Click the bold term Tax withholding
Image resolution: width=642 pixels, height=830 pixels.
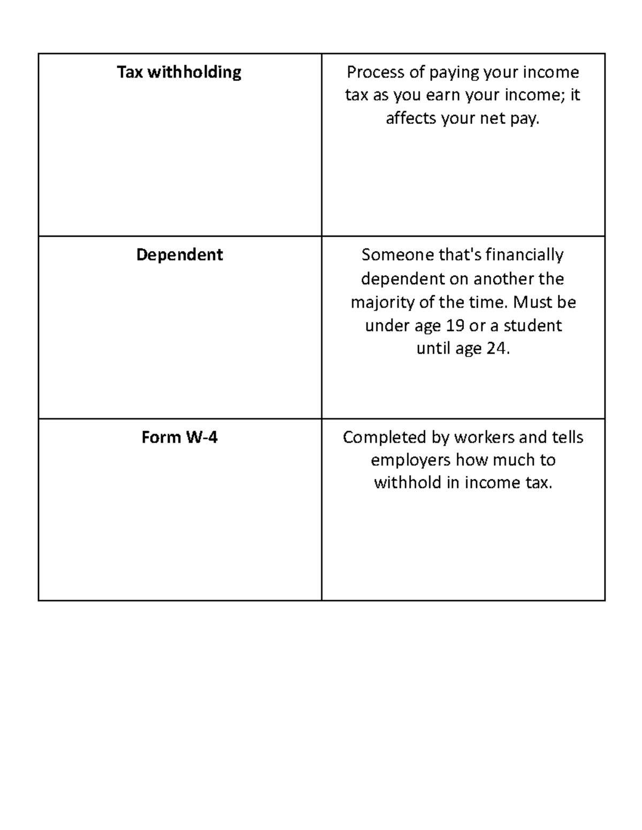coord(179,72)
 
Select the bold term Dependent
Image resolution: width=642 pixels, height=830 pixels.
coord(179,254)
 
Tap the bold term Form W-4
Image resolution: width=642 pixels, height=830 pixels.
coord(179,437)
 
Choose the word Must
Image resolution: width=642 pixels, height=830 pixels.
coord(530,302)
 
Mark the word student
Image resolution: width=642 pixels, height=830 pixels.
coord(532,325)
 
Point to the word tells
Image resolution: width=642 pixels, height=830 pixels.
coord(567,437)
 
